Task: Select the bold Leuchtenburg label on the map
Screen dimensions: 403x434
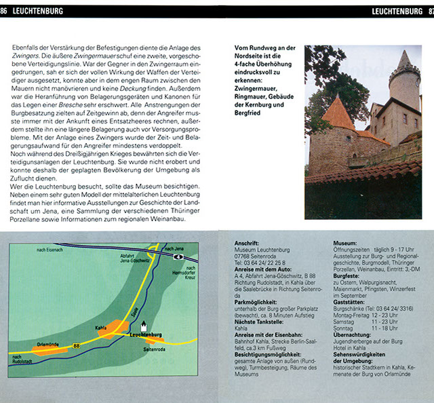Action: (146, 334)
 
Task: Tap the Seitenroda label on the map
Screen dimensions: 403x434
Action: (155, 348)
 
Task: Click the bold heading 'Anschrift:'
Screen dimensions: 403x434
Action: (246, 243)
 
